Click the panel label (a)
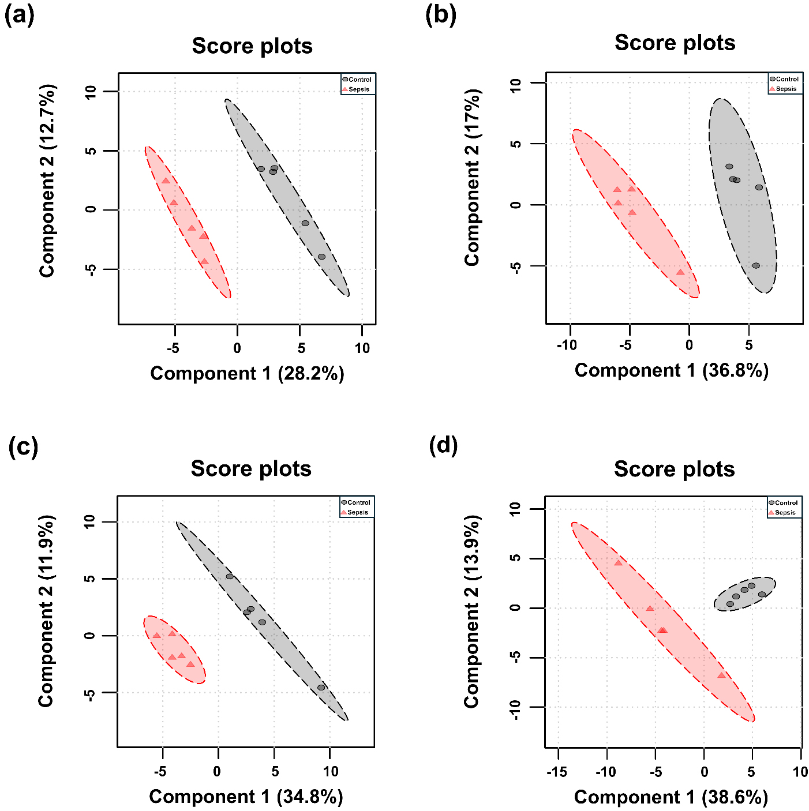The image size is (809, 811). click(19, 16)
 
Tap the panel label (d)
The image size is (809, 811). click(443, 445)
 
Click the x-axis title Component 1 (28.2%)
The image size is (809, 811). click(247, 374)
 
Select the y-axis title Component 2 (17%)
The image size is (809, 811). click(472, 178)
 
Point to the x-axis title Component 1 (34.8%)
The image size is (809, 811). click(246, 797)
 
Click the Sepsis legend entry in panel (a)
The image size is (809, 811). click(358, 89)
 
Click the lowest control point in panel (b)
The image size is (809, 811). click(756, 266)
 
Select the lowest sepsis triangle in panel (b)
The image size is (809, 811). click(680, 272)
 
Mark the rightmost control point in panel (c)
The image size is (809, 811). click(321, 688)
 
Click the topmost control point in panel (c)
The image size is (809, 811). click(229, 576)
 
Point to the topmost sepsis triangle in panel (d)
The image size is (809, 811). click(618, 562)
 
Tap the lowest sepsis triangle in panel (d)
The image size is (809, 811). click(721, 675)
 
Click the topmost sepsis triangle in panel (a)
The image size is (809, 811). click(166, 181)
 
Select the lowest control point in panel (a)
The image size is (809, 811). click(321, 257)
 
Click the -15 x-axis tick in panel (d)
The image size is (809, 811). click(557, 772)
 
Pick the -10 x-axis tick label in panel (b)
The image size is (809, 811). click(567, 346)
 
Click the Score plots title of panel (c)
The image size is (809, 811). click(251, 469)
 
